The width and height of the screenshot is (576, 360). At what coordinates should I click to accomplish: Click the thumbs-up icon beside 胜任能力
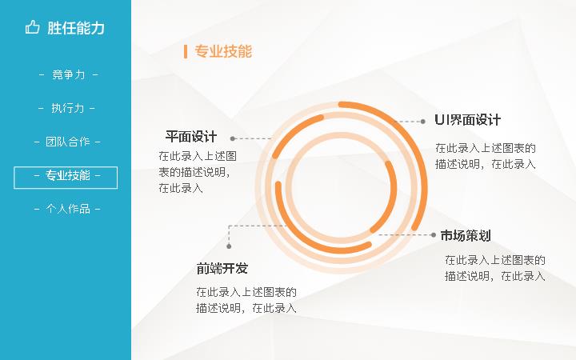(32, 27)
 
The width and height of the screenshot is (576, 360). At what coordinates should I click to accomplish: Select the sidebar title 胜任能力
(76, 28)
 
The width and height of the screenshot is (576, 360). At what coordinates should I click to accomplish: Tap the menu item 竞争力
(68, 74)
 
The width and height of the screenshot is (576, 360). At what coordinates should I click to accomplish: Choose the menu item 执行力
(67, 108)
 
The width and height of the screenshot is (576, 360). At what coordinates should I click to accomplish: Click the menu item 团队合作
(67, 142)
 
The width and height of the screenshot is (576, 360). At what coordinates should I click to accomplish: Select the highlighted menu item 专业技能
(67, 175)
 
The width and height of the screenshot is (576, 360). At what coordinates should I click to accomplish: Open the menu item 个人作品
(68, 209)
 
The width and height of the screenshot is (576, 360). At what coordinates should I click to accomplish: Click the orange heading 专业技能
(223, 51)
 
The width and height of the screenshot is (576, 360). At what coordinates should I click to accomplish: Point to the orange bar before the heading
(186, 51)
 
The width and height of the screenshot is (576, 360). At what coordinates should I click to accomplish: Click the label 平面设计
(191, 137)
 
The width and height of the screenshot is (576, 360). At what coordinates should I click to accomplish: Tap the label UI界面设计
(468, 120)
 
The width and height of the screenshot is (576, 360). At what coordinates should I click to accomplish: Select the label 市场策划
(466, 235)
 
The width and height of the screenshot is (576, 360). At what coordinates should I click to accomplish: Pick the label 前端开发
(222, 269)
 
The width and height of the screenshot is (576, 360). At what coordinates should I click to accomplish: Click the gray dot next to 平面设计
(233, 138)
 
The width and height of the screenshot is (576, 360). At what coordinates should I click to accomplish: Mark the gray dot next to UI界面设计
(423, 122)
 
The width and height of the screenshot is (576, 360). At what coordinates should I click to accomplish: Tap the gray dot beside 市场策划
(434, 234)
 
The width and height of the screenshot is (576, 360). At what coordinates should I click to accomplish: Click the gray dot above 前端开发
(229, 246)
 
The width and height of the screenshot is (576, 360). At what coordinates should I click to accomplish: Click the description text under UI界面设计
(486, 156)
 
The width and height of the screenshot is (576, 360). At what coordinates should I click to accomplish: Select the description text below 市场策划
(495, 268)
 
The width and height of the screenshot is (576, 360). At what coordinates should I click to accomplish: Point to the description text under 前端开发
(246, 300)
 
